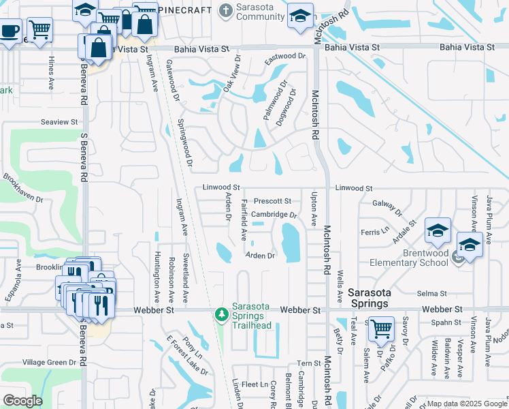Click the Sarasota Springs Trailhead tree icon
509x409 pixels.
pos(221,314)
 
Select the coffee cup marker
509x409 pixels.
pos(9,31)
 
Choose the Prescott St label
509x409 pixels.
pos(272,201)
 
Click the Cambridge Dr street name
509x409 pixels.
pos(274,215)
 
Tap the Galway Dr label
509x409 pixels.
pos(389,203)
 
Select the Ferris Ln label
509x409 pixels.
pos(375,231)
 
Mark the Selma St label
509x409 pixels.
pos(432,293)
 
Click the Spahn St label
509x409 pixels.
pos(446,322)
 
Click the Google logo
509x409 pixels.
pos(22,401)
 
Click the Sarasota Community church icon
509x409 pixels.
pos(226,10)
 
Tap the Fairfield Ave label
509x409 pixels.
pos(244,219)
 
